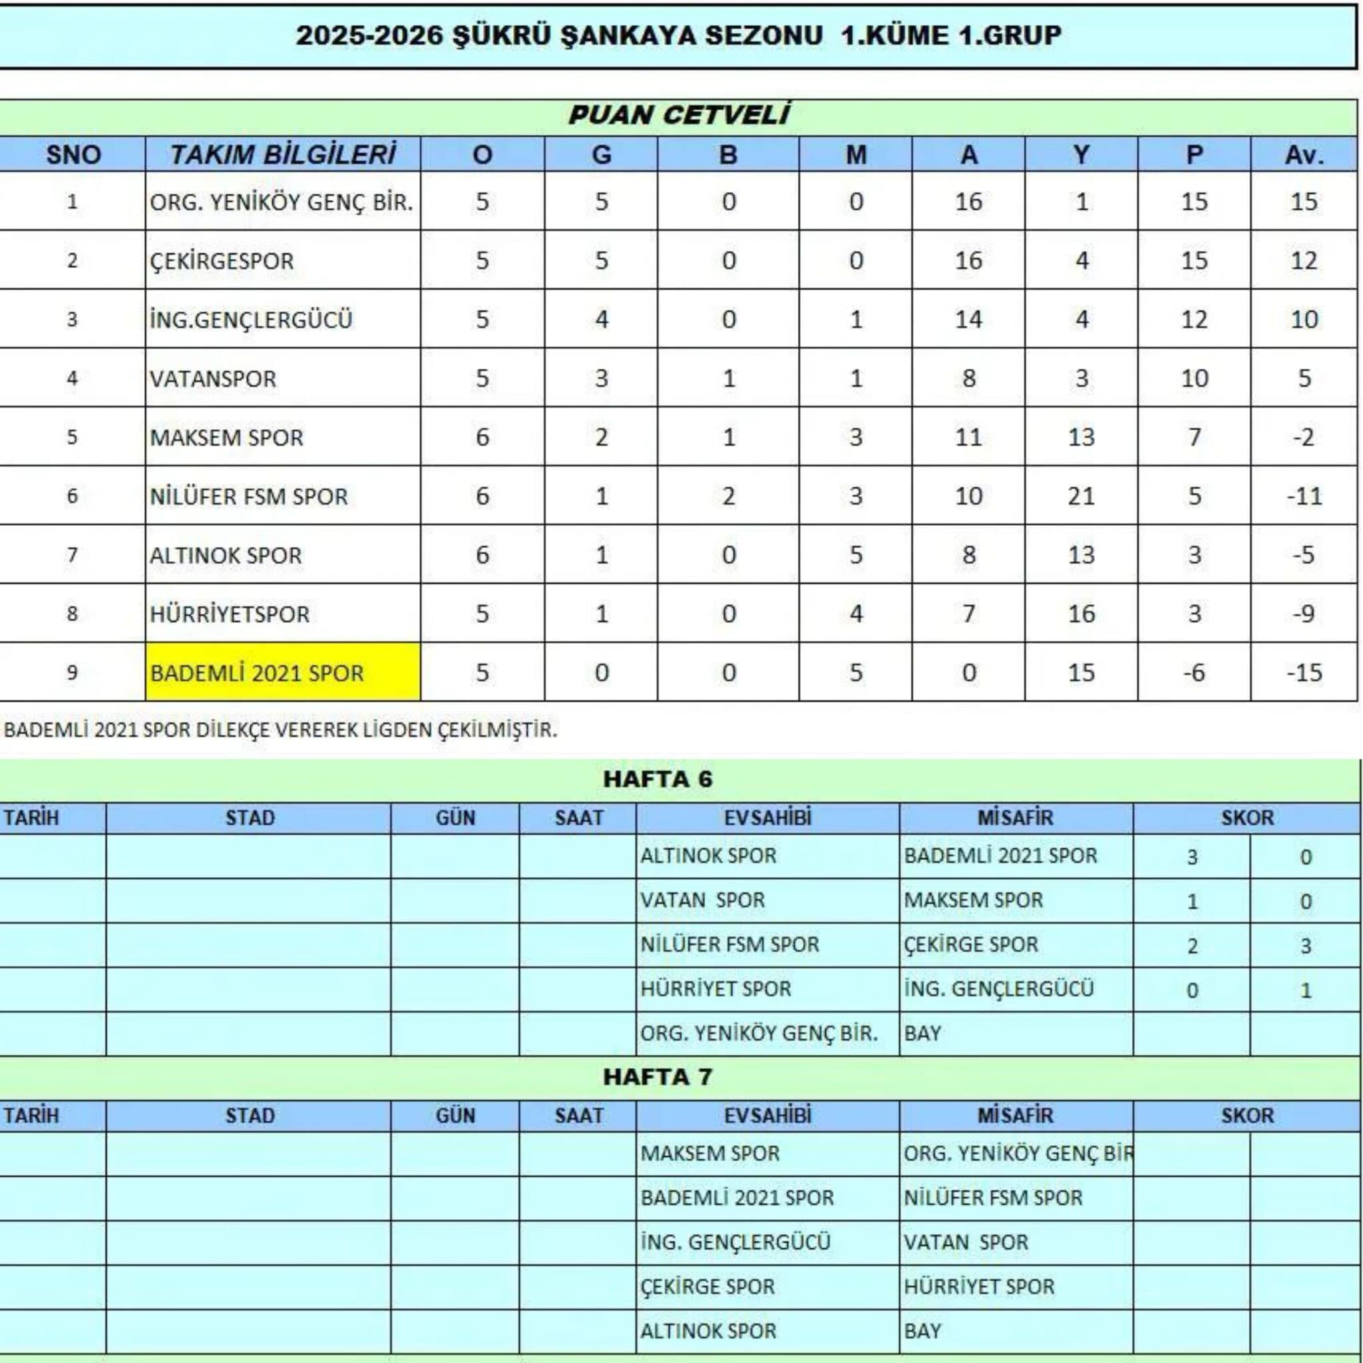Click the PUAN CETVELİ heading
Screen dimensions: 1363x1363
pos(678,115)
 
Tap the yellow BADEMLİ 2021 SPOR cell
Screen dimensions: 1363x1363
pos(282,672)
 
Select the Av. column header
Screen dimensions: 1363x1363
pos(1303,154)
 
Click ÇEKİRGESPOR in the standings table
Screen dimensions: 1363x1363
pos(222,261)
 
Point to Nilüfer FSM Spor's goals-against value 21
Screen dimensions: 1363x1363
pos(1080,496)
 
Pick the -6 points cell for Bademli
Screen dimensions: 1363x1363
pos(1194,672)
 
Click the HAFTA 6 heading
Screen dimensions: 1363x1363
pos(658,779)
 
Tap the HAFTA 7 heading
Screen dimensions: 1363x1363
pos(658,1077)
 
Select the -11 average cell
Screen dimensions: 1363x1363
pos(1303,496)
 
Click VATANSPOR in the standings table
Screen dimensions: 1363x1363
pos(213,379)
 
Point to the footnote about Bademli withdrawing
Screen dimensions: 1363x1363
pos(280,729)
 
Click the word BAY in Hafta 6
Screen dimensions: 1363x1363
pos(923,1034)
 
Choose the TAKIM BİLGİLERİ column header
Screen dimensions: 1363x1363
pos(282,154)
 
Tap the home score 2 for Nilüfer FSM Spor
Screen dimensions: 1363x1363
pos(1192,945)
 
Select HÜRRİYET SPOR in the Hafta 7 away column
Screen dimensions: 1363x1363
pos(979,1286)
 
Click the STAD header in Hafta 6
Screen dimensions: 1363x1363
pos(249,818)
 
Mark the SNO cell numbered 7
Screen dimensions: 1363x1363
pos(72,555)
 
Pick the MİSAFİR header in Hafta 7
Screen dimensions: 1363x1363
pos(1015,1115)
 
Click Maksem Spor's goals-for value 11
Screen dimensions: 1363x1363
pos(968,437)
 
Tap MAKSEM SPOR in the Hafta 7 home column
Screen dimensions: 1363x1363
pos(709,1153)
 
